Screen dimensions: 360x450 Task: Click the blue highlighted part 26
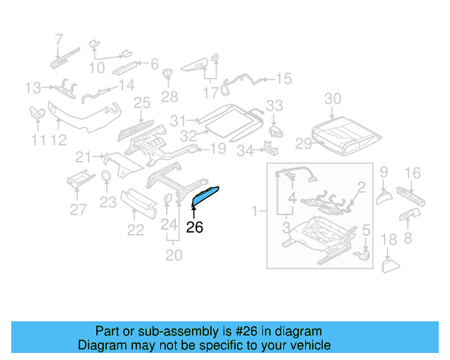tap(205, 196)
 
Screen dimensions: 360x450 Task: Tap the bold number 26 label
tap(194, 227)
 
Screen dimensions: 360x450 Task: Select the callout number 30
tap(333, 98)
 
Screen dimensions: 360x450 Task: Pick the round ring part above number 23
tap(105, 176)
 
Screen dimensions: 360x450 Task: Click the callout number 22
tap(135, 230)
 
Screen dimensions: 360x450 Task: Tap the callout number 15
tap(283, 79)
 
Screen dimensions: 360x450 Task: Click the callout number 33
tap(274, 105)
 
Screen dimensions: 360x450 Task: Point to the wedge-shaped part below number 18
tap(390, 266)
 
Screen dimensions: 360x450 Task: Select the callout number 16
tap(413, 172)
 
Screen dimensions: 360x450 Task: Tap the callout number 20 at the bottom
tap(173, 255)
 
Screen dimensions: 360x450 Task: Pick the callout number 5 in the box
tap(366, 230)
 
